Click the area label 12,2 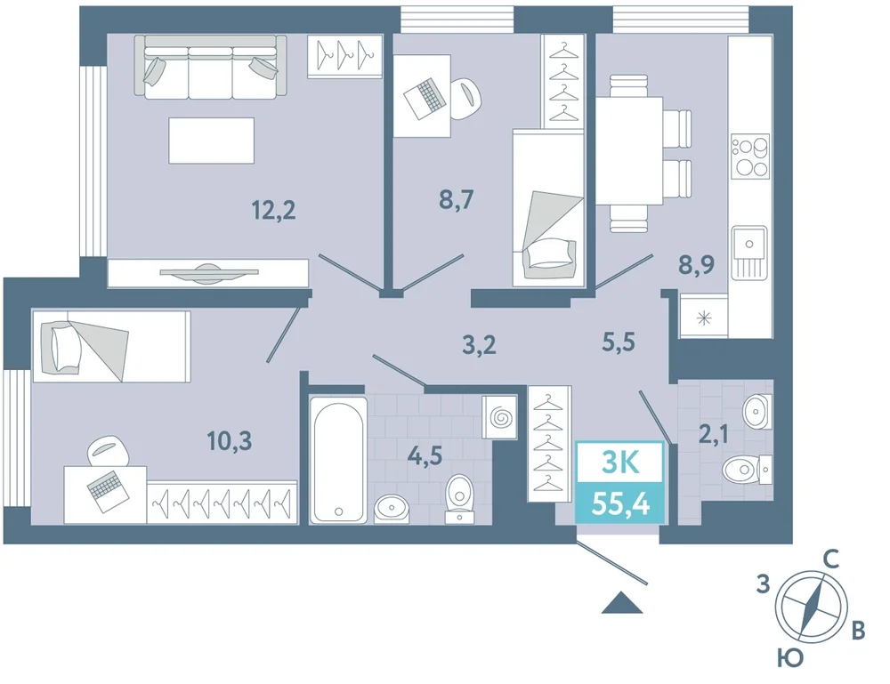(x=273, y=211)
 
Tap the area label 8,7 (x=457, y=199)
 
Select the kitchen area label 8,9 (x=697, y=264)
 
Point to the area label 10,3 (x=230, y=440)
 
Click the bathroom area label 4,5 (x=425, y=455)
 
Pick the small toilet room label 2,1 (x=714, y=435)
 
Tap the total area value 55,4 (x=620, y=503)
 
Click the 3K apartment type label (x=620, y=463)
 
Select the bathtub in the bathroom (x=337, y=459)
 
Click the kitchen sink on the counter (x=749, y=253)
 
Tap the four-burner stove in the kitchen (x=749, y=156)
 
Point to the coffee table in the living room (x=211, y=141)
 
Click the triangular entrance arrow (x=622, y=602)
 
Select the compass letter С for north (x=831, y=560)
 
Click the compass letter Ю (x=790, y=658)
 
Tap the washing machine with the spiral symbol (x=499, y=417)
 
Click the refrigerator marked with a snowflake (x=704, y=318)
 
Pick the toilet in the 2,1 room (x=747, y=470)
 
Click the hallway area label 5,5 (x=619, y=342)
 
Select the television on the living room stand (x=209, y=272)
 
